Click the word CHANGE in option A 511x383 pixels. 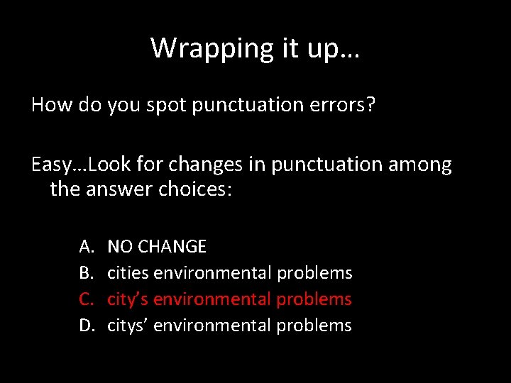pos(172,247)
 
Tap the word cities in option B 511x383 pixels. pos(128,273)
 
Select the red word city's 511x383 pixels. pos(128,299)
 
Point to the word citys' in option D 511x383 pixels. pos(128,326)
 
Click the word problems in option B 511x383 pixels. pos(314,273)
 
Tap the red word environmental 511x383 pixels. pos(212,299)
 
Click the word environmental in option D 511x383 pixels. pos(212,326)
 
